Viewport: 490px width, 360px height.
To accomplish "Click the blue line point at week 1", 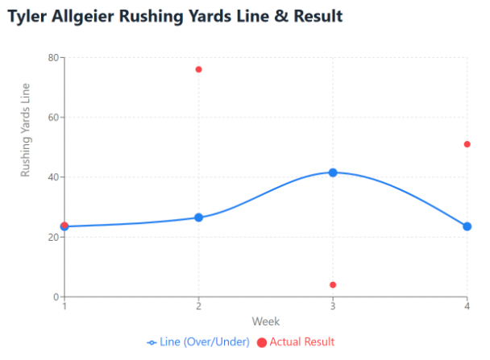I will [x=64, y=226].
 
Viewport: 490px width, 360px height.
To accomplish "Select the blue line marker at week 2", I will [x=198, y=217].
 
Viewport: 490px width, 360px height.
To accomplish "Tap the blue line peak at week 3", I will [x=333, y=172].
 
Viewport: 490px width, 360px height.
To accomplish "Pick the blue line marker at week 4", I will [x=467, y=226].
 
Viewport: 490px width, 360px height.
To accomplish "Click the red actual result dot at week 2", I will [x=198, y=69].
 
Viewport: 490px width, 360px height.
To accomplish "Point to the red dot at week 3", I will [x=333, y=284].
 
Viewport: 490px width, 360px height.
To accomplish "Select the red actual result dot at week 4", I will [x=467, y=144].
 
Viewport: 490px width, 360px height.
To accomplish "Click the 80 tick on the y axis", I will [x=53, y=58].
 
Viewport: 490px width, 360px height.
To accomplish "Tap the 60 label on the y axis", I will [x=53, y=118].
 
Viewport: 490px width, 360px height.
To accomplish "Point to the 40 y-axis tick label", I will [x=53, y=177].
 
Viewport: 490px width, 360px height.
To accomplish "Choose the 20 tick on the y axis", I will [x=53, y=237].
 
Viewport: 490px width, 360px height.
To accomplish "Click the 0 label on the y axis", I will [x=56, y=296].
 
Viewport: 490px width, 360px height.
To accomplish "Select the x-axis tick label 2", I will [x=198, y=307].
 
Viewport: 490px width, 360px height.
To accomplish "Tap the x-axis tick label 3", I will [x=333, y=307].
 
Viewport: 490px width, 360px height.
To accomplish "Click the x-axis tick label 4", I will [x=467, y=307].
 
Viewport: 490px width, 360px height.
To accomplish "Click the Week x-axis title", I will [x=266, y=321].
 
